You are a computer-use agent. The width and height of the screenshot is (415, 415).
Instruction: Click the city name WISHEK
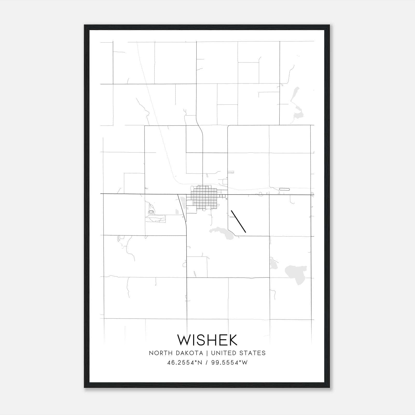(207, 340)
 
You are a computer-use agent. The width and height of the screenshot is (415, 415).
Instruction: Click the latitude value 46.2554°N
(185, 363)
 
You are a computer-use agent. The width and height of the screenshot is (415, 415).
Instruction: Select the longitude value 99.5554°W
(230, 363)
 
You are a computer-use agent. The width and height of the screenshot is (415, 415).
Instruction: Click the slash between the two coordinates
(207, 363)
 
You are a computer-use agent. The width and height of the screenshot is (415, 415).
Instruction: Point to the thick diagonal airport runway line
(238, 221)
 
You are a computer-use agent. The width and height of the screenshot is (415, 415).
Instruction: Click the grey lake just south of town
(223, 232)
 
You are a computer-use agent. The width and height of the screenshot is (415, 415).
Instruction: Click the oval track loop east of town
(284, 189)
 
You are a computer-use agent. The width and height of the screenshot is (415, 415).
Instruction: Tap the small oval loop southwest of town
(151, 212)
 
